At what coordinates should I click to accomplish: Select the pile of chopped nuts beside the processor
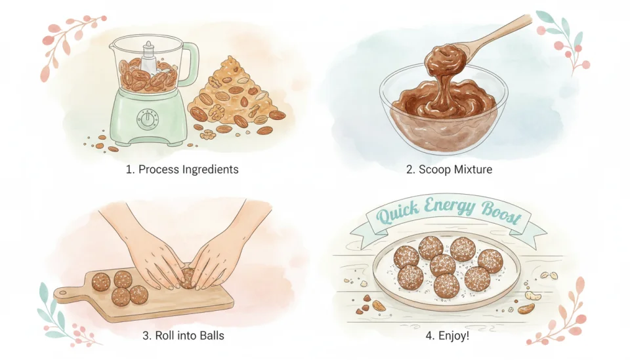[236, 98]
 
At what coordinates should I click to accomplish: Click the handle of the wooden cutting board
[66, 292]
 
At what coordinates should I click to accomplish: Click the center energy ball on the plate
[443, 265]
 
